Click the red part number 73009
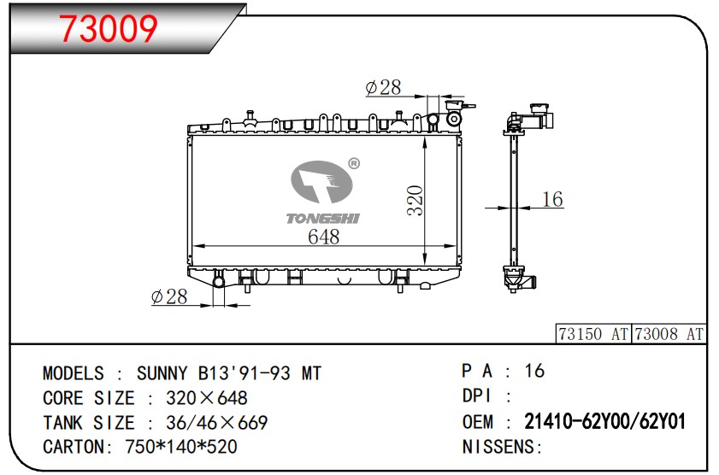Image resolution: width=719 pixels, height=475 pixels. point(109,28)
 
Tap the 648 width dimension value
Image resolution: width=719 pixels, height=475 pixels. point(324,237)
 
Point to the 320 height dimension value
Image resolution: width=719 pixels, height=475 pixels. point(415,200)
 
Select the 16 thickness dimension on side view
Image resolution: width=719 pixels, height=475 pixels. point(552,199)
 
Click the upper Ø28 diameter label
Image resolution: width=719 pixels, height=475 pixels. point(383,87)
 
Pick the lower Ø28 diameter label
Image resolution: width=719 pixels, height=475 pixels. point(169,296)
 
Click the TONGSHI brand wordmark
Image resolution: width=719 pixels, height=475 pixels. point(323,219)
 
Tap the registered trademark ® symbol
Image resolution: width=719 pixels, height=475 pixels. point(354,163)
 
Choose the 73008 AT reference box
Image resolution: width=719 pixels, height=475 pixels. point(669,334)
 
